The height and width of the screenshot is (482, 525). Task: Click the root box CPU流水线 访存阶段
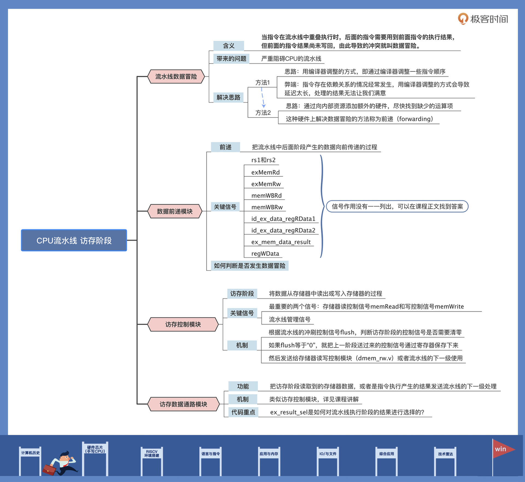pos(74,240)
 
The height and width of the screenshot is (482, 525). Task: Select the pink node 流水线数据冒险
pos(176,77)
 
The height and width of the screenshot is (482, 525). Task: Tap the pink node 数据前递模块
pos(175,211)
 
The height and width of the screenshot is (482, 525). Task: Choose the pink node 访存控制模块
pos(183,324)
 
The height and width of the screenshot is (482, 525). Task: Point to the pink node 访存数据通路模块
pos(183,404)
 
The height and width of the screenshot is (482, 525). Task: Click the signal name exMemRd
pos(265,173)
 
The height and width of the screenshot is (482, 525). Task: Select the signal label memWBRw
pos(267,207)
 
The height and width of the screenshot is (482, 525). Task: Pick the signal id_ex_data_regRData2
pos(283,230)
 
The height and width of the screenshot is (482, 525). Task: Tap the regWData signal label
pos(265,254)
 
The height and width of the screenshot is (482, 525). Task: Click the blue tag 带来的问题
pos(231,59)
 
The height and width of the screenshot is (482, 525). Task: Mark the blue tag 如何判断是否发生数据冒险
pos(249,266)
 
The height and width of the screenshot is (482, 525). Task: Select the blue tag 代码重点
pos(243,412)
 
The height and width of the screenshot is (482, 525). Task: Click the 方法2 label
pos(263,113)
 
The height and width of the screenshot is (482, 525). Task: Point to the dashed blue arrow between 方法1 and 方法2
pos(263,97)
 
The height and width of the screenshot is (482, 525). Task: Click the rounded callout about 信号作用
pos(397,206)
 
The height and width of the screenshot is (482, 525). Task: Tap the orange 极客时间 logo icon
pos(463,19)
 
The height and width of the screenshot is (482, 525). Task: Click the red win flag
pos(502,449)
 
